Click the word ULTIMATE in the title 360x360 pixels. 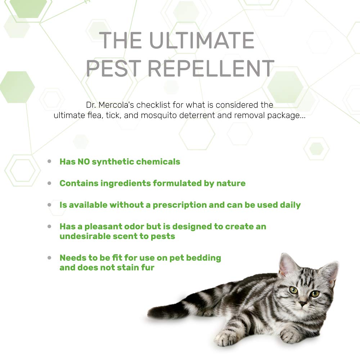[202, 40]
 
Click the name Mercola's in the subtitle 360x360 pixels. [116, 105]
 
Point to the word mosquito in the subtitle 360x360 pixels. [174, 116]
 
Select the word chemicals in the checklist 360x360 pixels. [158, 162]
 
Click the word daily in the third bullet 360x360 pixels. [290, 205]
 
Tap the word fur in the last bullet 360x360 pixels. [148, 267]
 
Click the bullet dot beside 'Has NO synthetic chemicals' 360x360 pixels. [49, 162]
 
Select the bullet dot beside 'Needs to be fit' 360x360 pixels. [49, 258]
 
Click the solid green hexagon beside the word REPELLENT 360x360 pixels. [285, 86]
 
